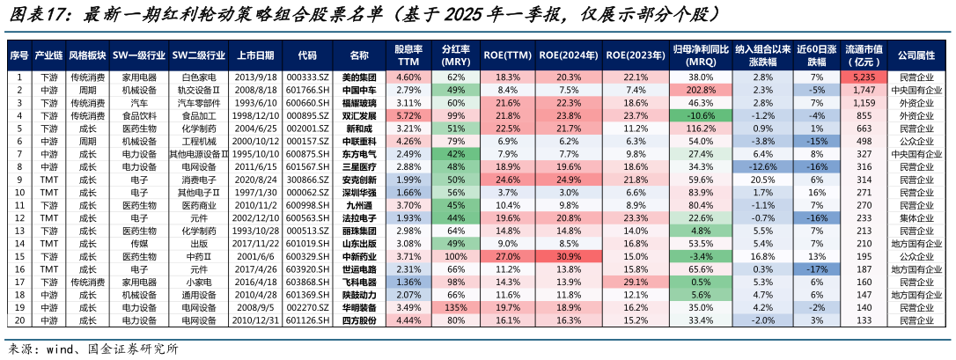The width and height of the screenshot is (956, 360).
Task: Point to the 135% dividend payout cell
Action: tap(455, 307)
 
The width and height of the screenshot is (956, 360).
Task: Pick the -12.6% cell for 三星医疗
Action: tap(763, 166)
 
